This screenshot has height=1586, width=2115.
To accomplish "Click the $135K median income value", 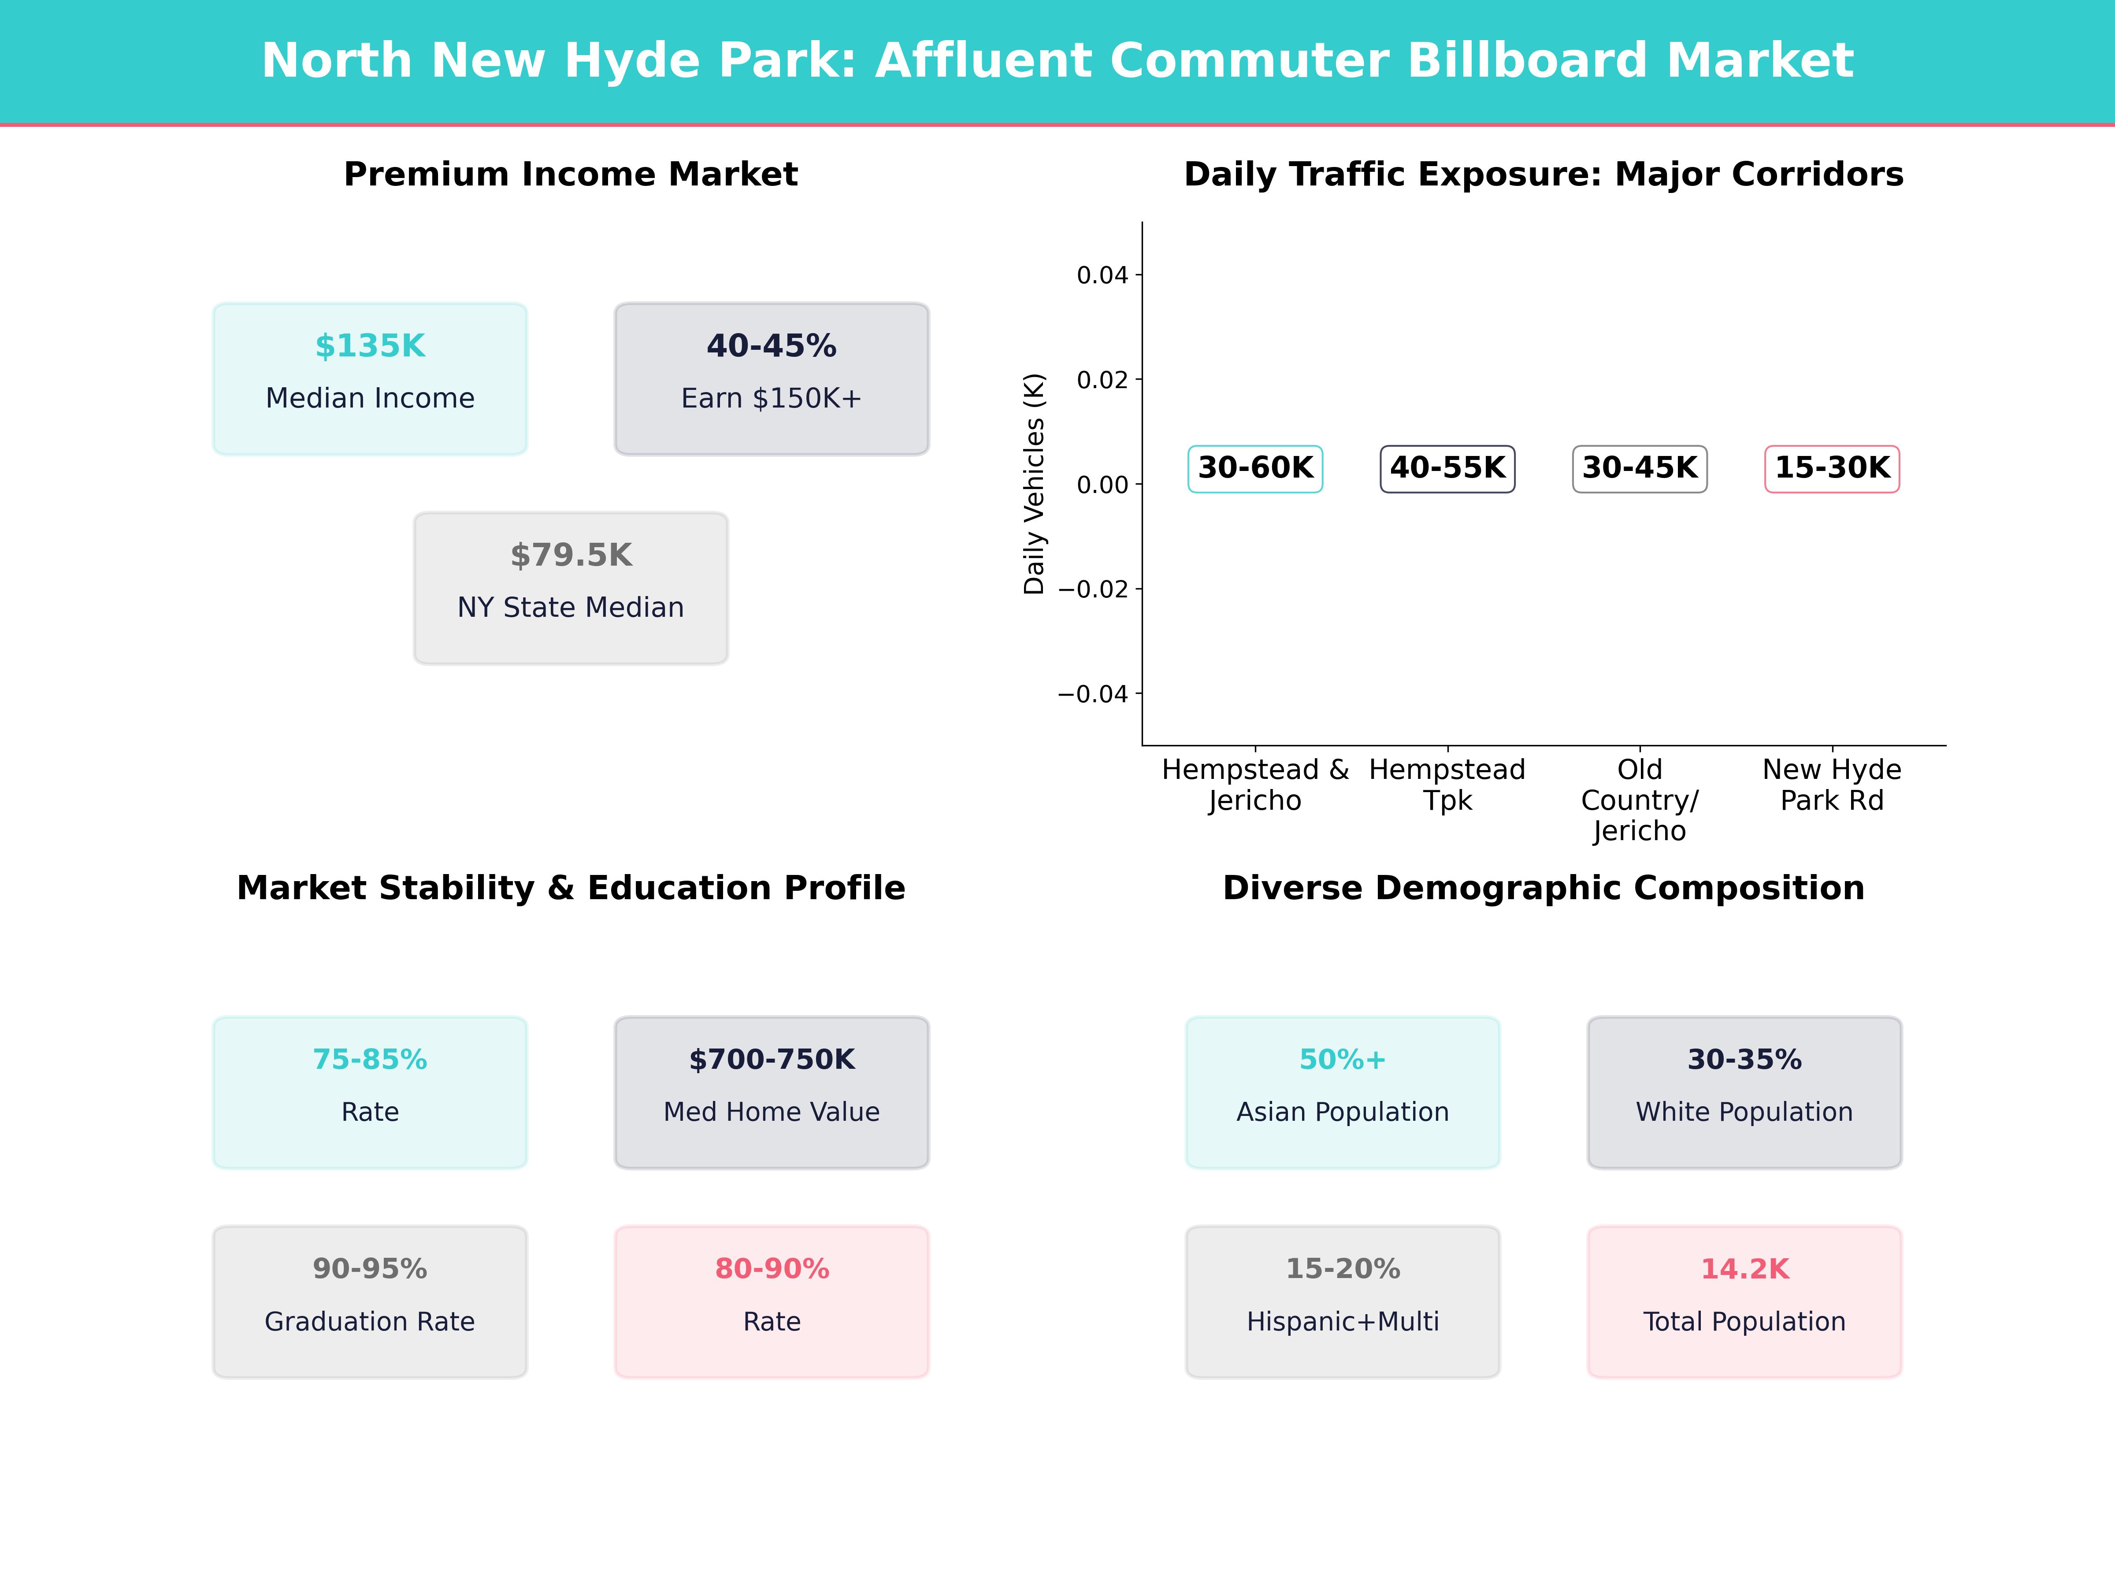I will click(x=370, y=346).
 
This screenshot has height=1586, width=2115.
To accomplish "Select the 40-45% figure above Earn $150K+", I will click(x=772, y=346).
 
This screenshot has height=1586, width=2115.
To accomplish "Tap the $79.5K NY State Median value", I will click(x=571, y=556).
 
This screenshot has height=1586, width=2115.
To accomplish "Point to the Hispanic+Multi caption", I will click(x=1343, y=1322).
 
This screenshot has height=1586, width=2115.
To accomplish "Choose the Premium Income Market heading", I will click(x=571, y=175).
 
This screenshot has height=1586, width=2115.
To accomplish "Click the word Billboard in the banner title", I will click(x=1527, y=61).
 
